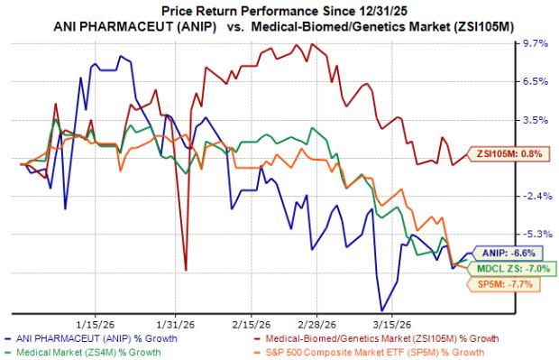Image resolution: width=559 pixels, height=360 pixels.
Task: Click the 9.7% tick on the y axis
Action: coord(535,43)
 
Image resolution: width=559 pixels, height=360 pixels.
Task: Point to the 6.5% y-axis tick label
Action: coord(535,81)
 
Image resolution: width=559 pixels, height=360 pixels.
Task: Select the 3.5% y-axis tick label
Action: coord(535,119)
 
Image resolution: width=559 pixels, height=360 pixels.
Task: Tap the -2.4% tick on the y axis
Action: coord(535,196)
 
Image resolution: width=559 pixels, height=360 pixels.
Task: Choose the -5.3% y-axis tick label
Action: coord(535,234)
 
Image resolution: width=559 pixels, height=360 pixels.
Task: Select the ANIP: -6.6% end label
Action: coord(511,254)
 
